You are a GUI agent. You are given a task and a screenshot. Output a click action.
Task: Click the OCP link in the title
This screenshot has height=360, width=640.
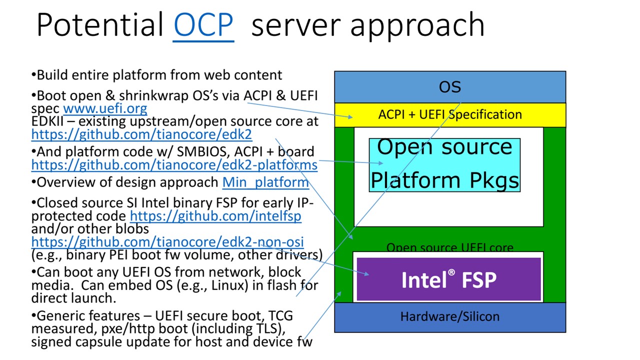pos(203,25)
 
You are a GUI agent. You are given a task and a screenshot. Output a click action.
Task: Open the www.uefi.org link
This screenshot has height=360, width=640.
pos(105,108)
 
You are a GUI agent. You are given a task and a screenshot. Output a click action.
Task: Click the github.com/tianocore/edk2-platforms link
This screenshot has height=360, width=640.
pos(174,164)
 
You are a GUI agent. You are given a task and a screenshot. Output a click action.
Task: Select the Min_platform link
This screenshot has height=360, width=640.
pos(265,182)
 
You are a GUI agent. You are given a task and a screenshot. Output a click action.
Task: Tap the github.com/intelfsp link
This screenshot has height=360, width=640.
pos(215,216)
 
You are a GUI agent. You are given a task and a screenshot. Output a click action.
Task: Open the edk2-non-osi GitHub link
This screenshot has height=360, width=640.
pos(167,242)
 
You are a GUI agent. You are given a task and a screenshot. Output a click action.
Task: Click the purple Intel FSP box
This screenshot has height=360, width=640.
pos(448,279)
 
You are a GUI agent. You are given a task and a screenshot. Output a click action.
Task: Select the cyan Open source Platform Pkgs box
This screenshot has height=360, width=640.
pos(444,164)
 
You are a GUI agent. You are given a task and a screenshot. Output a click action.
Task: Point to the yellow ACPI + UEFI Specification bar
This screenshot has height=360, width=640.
pos(450,114)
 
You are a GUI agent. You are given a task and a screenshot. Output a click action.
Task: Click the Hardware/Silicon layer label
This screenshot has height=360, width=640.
pos(450,316)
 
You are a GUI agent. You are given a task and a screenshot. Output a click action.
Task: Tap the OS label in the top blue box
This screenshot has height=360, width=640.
pos(449,87)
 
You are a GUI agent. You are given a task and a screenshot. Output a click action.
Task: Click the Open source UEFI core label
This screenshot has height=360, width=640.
pos(449,247)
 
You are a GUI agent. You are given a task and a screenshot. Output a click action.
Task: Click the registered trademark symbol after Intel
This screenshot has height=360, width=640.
pos(451,272)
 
